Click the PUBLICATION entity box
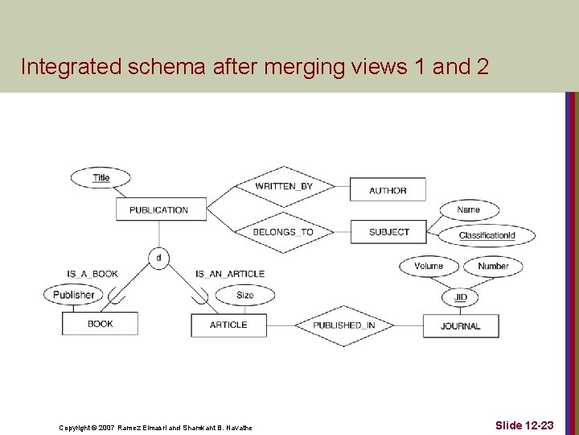pos(158,209)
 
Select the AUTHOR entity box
pos(388,190)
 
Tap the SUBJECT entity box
pos(388,232)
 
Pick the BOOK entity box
pos(101,324)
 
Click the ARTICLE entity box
pos(228,325)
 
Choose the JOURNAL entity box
pos(461,325)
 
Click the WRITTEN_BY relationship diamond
pos(284,186)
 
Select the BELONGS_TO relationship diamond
pos(283,232)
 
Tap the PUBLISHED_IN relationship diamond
pos(343,325)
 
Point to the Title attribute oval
pos(101,177)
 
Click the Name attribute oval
pos(468,209)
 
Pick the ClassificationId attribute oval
pos(487,235)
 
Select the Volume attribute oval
pos(429,266)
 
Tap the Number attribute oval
pos(493,266)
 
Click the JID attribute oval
pos(460,297)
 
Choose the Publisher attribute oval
pos(74,295)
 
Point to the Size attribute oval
pos(245,295)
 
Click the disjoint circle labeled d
pos(158,259)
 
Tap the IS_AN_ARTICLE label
pos(230,274)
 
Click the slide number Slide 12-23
pos(524,425)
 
